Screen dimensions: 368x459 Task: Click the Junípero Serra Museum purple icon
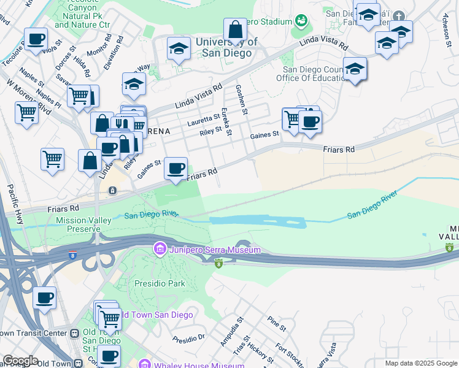pos(160,250)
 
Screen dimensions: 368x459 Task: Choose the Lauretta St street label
pos(203,117)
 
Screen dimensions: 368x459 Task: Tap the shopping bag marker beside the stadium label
pos(235,29)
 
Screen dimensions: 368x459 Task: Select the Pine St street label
pos(273,324)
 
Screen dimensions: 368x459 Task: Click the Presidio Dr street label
pos(188,339)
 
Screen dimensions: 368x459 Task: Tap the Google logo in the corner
pos(20,361)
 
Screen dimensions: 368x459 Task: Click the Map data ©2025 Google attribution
pos(420,363)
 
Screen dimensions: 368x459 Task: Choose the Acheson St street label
pos(446,28)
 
